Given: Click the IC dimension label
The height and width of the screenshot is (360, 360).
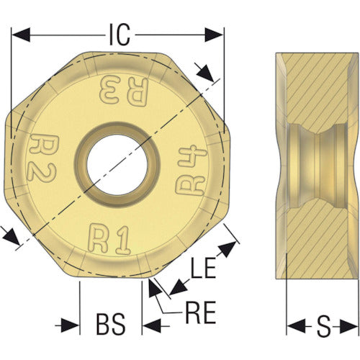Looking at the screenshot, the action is coord(120,35).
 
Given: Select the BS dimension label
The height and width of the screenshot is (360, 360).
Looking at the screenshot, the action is coord(111,325).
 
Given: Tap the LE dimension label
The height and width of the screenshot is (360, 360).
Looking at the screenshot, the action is coord(203,268).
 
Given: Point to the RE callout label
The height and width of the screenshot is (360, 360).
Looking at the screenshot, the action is coord(201,312).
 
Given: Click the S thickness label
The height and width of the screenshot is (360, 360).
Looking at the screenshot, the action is coord(323,326).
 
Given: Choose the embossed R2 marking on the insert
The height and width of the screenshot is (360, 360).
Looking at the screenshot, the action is coord(42,158).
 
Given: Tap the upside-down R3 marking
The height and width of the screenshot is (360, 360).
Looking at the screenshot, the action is coord(124,91).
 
